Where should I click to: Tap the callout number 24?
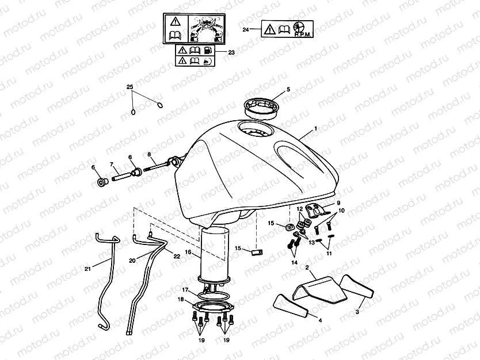(246, 29)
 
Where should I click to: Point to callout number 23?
(231, 52)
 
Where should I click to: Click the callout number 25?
(129, 87)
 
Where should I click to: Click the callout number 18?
(181, 300)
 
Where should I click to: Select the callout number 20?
(132, 261)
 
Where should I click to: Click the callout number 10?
(341, 211)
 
